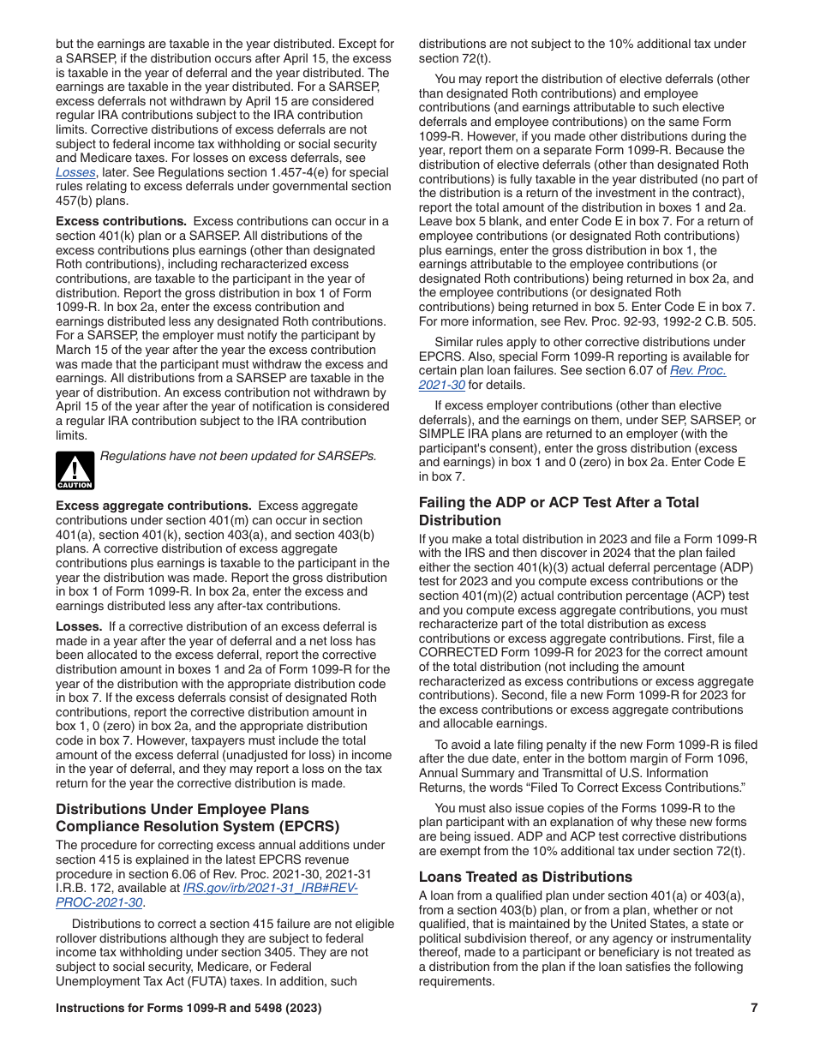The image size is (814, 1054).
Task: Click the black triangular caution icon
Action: pos(75,470)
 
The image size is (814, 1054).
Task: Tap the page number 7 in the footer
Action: pos(754,1009)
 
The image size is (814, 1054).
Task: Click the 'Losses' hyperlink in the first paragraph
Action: pos(75,172)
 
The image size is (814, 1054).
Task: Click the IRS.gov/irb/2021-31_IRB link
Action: pos(270,888)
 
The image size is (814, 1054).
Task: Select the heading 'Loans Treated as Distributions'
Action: pos(525,877)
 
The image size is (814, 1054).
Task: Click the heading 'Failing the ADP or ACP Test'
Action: pos(559,502)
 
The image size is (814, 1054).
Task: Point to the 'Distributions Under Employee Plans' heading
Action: pos(182,809)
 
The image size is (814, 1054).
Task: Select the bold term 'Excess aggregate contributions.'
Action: pos(153,506)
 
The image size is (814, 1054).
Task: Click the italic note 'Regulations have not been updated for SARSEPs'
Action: pos(238,456)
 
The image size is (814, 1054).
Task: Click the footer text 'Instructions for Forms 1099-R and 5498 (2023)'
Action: pos(189,1009)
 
